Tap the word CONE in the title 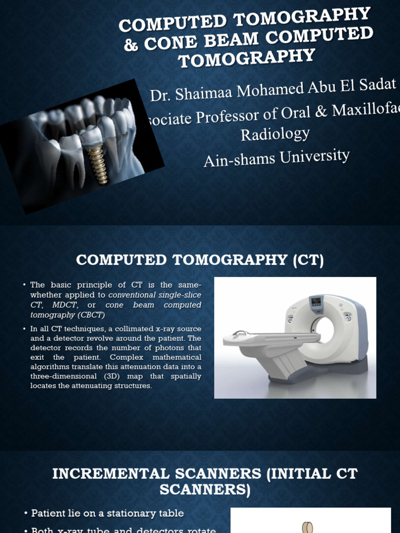[x=167, y=41]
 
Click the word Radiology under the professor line [x=275, y=134]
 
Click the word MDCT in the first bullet [x=65, y=305]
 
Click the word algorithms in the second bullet [x=52, y=367]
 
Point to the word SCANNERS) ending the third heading [x=205, y=490]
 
